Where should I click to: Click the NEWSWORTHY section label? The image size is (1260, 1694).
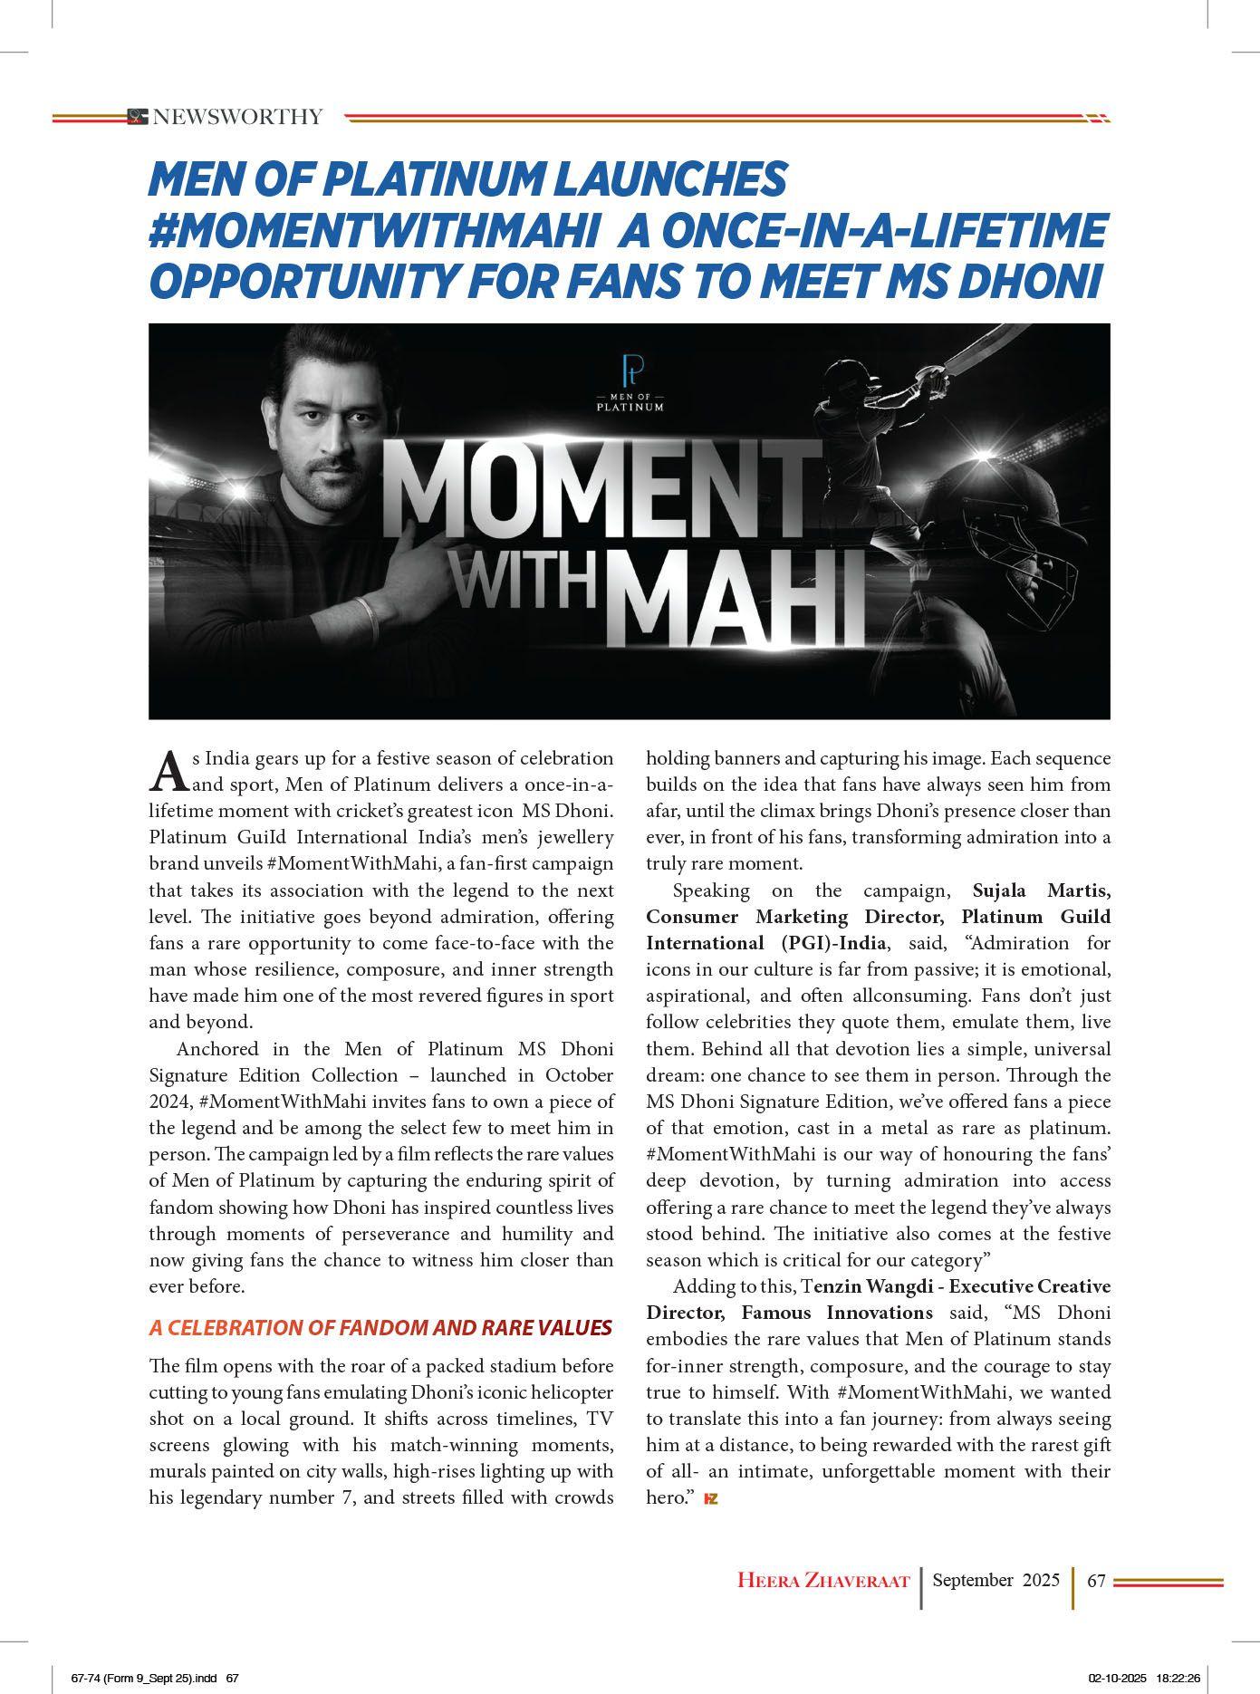(237, 117)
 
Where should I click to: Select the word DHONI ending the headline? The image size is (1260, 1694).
(1025, 282)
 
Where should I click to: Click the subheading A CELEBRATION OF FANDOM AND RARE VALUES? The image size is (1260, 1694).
(380, 1328)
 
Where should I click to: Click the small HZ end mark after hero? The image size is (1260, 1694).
(711, 1499)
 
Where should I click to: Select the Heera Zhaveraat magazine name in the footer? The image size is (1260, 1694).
(822, 1581)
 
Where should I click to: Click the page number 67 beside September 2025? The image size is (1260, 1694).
(1096, 1581)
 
